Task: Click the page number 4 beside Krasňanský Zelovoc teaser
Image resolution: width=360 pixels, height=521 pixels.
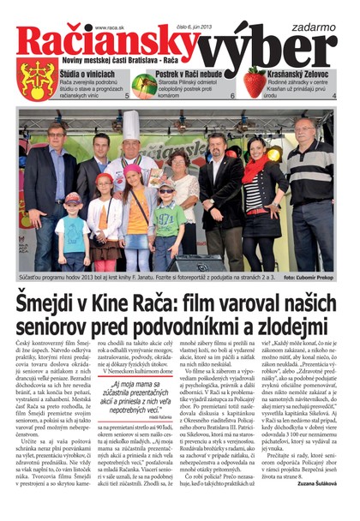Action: pyautogui.click(x=333, y=97)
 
